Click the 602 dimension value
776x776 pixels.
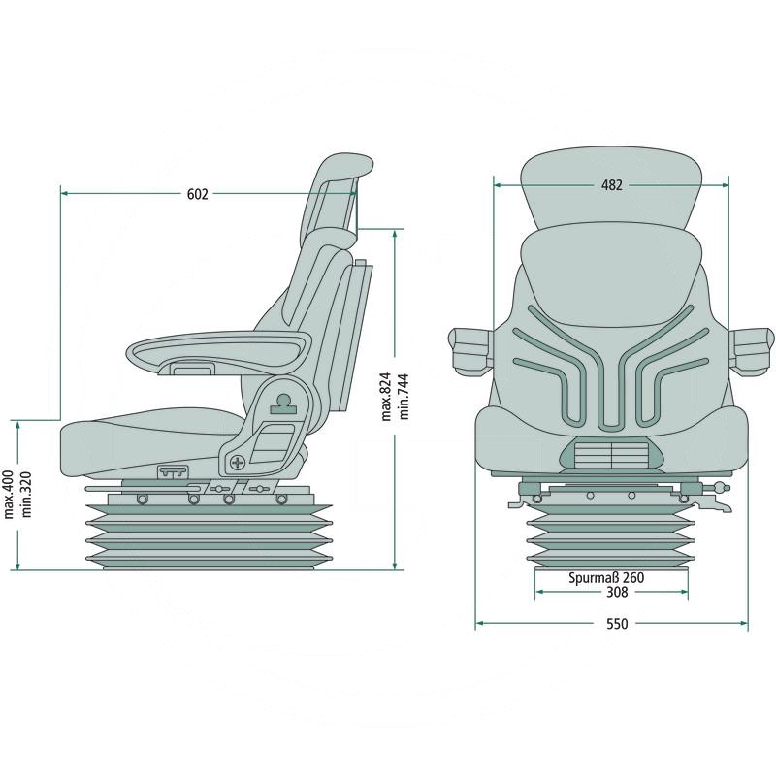tap(197, 194)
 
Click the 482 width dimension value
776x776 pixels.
tap(611, 184)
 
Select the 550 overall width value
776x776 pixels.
tap(617, 624)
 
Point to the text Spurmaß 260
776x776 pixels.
tap(606, 578)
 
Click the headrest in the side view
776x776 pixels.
tap(339, 189)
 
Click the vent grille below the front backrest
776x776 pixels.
tap(611, 453)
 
